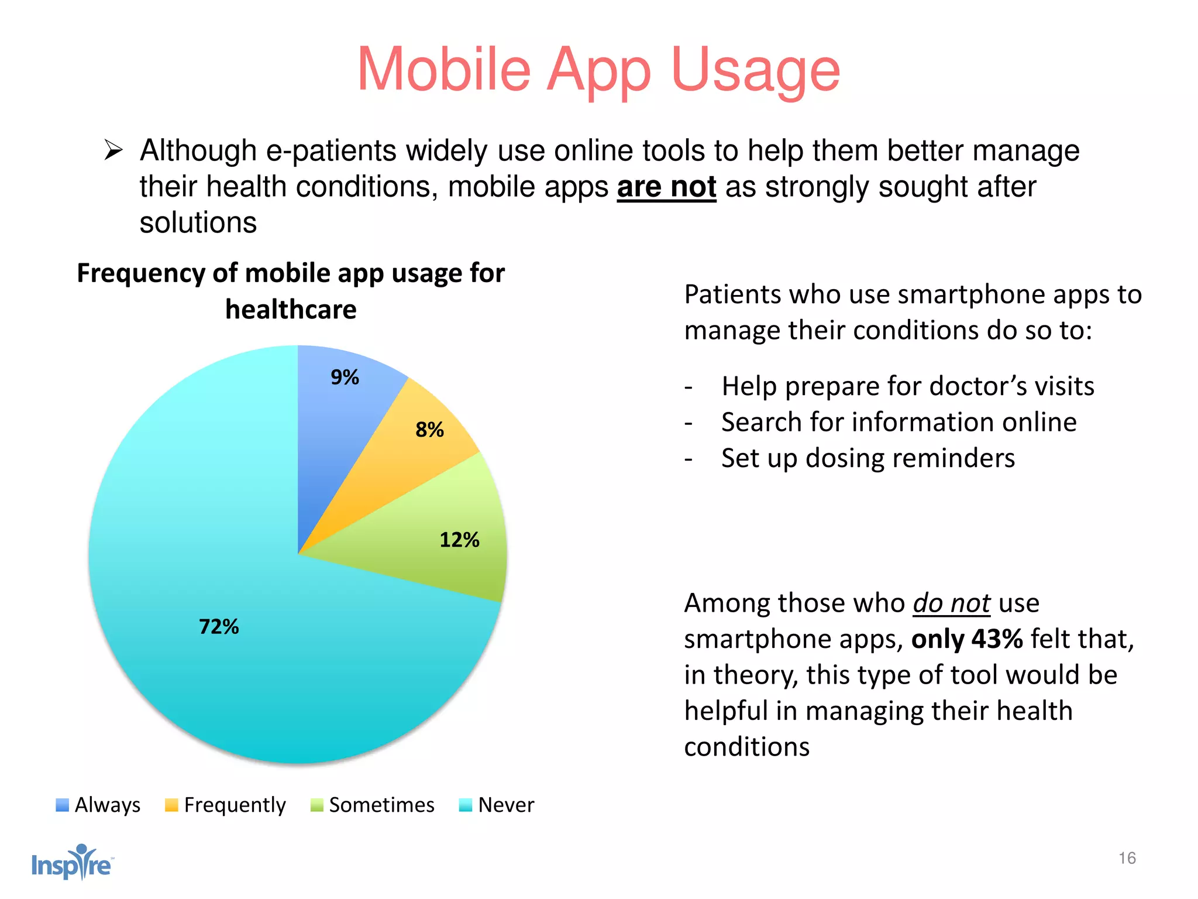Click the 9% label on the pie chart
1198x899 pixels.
click(345, 378)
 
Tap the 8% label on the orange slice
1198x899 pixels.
click(429, 430)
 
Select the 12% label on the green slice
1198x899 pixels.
click(459, 540)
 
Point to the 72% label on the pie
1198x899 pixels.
click(219, 627)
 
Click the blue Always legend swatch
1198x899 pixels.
click(62, 805)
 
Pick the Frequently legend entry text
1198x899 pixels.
click(235, 805)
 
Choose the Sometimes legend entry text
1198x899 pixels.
click(381, 805)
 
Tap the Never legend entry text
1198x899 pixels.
click(506, 805)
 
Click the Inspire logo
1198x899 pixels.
click(72, 863)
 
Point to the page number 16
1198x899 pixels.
click(1127, 858)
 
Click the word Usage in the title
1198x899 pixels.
click(756, 70)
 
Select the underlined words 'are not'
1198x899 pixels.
click(666, 187)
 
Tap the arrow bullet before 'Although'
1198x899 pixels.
click(113, 150)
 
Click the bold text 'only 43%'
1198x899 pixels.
click(967, 639)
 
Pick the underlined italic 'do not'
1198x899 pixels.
click(951, 603)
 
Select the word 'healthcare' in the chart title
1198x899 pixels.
click(291, 310)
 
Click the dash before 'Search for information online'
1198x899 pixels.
click(688, 423)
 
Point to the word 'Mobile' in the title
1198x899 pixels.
click(443, 70)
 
